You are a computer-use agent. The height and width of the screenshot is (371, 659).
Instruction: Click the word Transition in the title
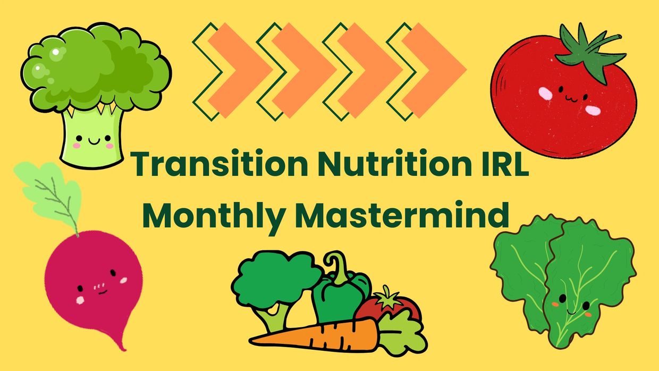tap(219, 164)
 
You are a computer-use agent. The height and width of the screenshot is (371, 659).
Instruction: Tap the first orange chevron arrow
tap(240, 70)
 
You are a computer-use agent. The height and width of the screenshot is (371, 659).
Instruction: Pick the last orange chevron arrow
tap(434, 70)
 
